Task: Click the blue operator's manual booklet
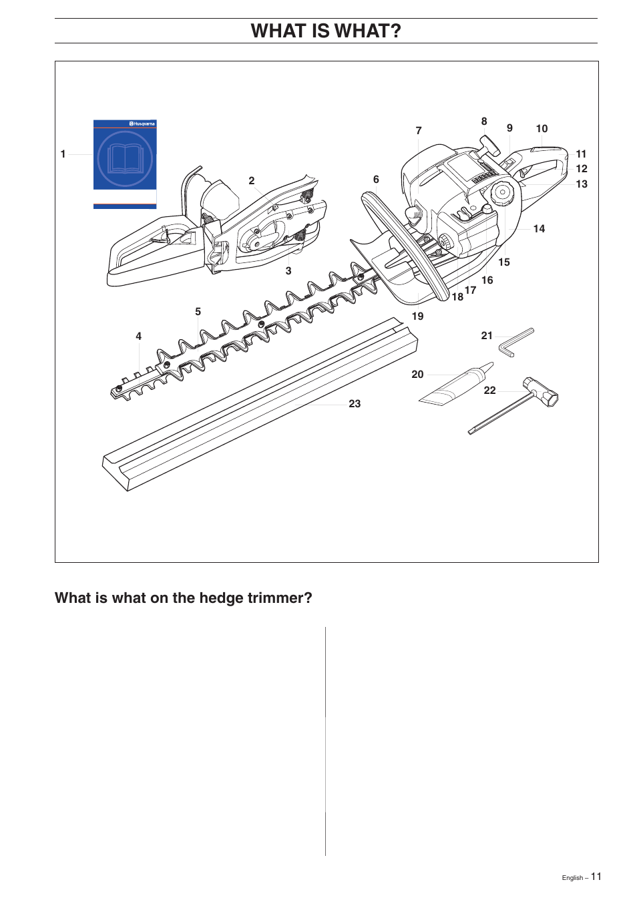click(125, 164)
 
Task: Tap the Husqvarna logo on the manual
click(142, 124)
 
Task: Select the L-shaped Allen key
click(516, 342)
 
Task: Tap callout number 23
click(355, 403)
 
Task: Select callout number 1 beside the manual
click(63, 154)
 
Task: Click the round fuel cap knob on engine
click(502, 194)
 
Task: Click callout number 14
click(539, 228)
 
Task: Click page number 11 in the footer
click(596, 877)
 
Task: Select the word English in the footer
click(572, 878)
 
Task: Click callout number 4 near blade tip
click(138, 336)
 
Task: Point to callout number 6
click(376, 180)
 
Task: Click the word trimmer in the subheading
click(275, 598)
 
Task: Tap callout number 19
click(417, 316)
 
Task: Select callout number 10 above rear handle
click(542, 128)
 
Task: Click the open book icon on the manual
click(125, 159)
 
